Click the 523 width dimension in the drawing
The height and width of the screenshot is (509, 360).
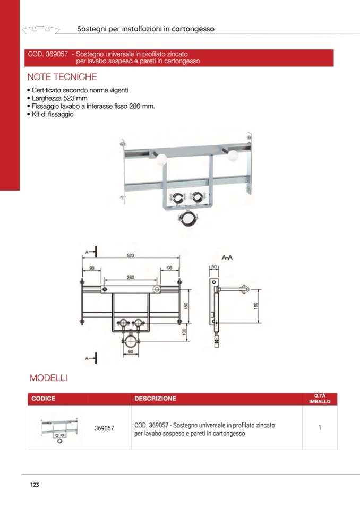click(130, 256)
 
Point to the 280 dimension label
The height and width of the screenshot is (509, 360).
click(130, 277)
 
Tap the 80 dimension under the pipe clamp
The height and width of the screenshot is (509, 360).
click(130, 351)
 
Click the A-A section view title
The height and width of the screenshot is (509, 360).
click(227, 258)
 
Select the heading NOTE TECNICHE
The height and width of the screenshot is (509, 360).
click(62, 76)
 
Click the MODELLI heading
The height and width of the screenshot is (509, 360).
click(48, 378)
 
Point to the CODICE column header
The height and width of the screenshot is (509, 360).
click(44, 399)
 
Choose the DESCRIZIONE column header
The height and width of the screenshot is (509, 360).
click(156, 399)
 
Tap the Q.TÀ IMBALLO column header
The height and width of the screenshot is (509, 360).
click(320, 399)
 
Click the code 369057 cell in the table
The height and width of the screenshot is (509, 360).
click(104, 428)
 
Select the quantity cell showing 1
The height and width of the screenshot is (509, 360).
click(320, 428)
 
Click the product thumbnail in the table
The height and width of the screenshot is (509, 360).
click(59, 428)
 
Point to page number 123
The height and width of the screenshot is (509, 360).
click(35, 485)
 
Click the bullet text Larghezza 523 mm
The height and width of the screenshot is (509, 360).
click(59, 99)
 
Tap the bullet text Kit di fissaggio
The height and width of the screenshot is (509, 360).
click(53, 114)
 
